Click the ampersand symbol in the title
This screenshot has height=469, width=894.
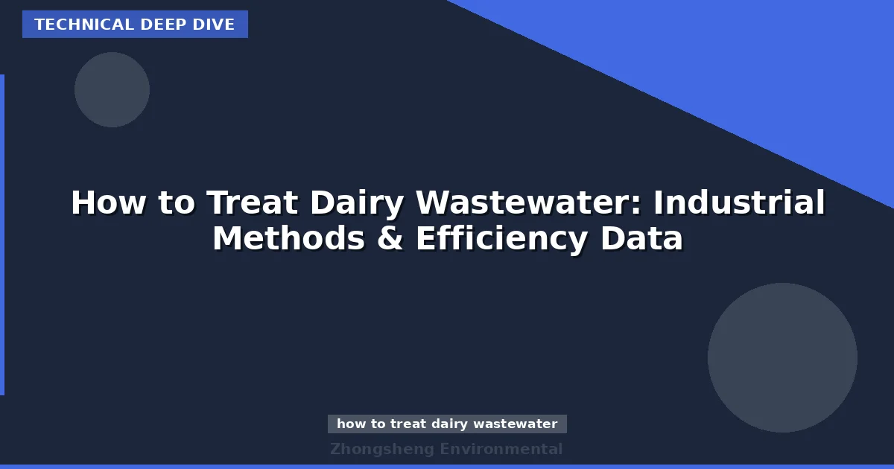click(390, 239)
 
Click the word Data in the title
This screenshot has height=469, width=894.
click(644, 239)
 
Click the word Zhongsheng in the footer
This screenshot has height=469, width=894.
click(381, 449)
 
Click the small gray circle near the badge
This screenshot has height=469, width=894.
click(112, 89)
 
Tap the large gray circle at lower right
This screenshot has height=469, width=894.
click(782, 357)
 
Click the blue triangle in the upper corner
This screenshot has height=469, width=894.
click(745, 60)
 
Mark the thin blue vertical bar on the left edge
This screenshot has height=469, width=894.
click(2, 234)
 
